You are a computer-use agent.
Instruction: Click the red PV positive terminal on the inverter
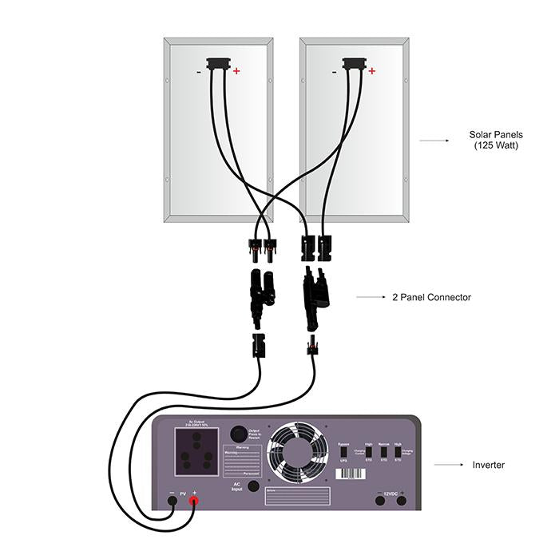(192, 501)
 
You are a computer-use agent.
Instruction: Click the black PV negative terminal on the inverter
(172, 501)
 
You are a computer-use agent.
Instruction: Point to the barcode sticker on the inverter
(350, 473)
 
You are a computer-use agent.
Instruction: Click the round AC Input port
(254, 486)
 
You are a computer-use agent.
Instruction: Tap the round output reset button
(238, 434)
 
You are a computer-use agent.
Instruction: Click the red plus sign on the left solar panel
(236, 70)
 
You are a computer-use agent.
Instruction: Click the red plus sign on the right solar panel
(372, 70)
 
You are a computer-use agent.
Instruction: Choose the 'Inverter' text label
(489, 464)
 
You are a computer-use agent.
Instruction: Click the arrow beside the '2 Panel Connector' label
(371, 297)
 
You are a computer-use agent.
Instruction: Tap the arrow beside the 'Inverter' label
(450, 464)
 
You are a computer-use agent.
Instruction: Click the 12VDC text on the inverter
(391, 493)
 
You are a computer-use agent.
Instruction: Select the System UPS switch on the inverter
(344, 452)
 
